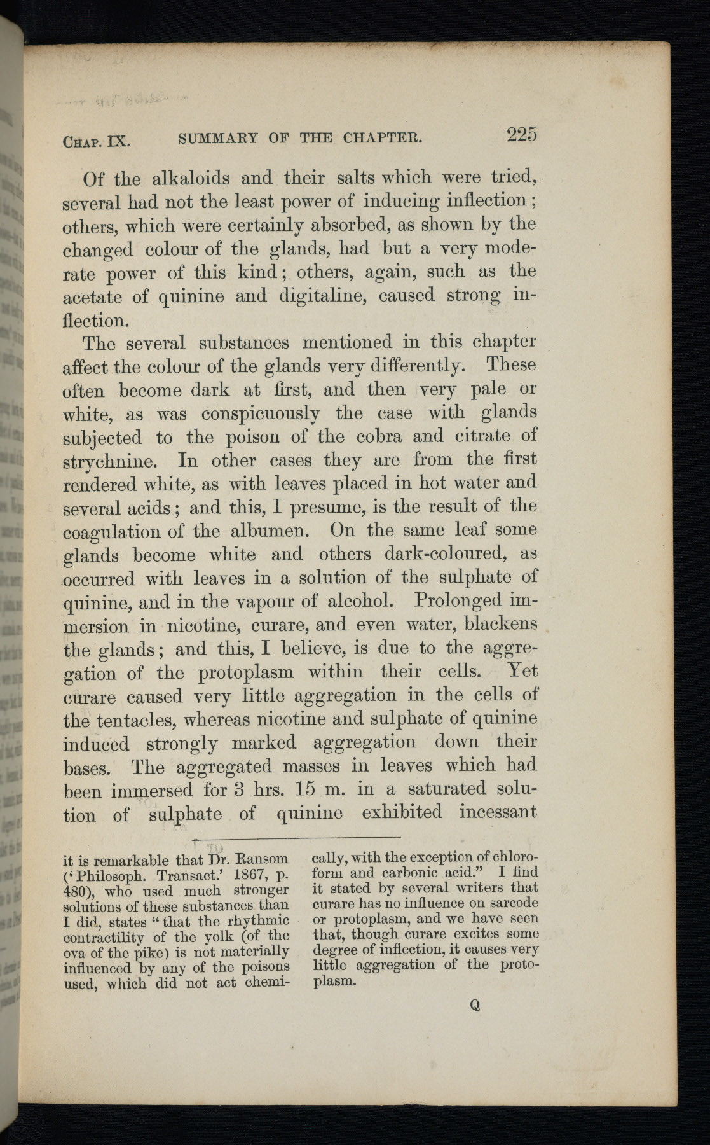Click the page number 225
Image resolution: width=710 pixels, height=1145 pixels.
click(x=521, y=135)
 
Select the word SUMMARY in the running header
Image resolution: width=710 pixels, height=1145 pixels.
click(x=218, y=138)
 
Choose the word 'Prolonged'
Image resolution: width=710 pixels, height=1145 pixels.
click(x=456, y=600)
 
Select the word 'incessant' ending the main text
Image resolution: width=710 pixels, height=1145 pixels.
click(x=498, y=812)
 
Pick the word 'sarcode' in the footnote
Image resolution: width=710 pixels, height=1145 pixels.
click(x=512, y=903)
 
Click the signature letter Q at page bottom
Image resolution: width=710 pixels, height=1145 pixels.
click(x=474, y=1006)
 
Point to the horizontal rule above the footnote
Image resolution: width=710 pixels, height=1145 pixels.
click(x=296, y=837)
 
